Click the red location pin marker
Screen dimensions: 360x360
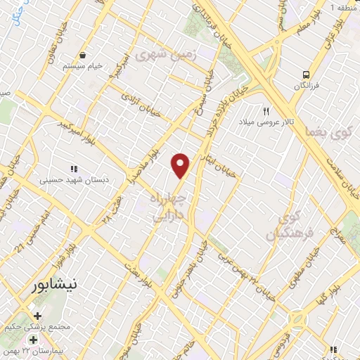181,165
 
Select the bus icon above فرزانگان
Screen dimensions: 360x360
306,74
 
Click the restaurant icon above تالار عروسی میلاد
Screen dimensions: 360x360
266,111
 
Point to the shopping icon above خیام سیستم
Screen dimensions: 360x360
84,54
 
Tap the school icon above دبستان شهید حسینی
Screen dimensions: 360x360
73,168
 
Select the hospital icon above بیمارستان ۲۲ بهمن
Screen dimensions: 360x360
33,340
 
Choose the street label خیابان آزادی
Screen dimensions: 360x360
139,101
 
